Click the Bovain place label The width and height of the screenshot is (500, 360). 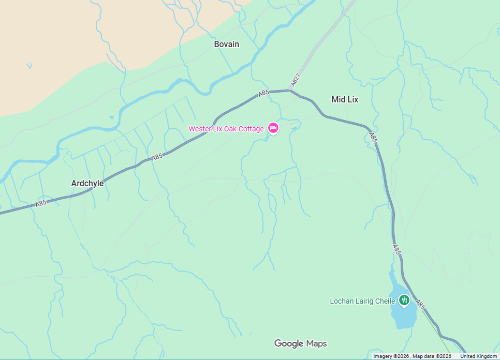coord(227,44)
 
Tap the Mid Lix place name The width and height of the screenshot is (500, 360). coord(345,99)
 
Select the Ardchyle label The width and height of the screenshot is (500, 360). coord(87,184)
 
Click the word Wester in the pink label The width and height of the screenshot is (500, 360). coord(200,129)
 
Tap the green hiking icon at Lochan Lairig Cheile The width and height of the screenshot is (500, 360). coord(404,300)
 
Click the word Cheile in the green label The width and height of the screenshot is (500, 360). coord(385,301)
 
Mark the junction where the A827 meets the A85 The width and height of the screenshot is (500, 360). coord(289,91)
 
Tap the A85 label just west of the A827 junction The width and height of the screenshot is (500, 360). coord(263,94)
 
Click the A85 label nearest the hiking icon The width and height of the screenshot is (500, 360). coord(420,306)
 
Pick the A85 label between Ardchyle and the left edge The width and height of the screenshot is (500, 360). coord(41,203)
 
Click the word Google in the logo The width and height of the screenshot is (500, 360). coord(289,343)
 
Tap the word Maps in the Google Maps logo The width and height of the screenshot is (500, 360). coord(317,343)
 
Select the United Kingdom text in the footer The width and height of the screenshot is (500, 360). coord(478,356)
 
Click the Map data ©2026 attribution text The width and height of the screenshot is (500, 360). coord(432,356)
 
